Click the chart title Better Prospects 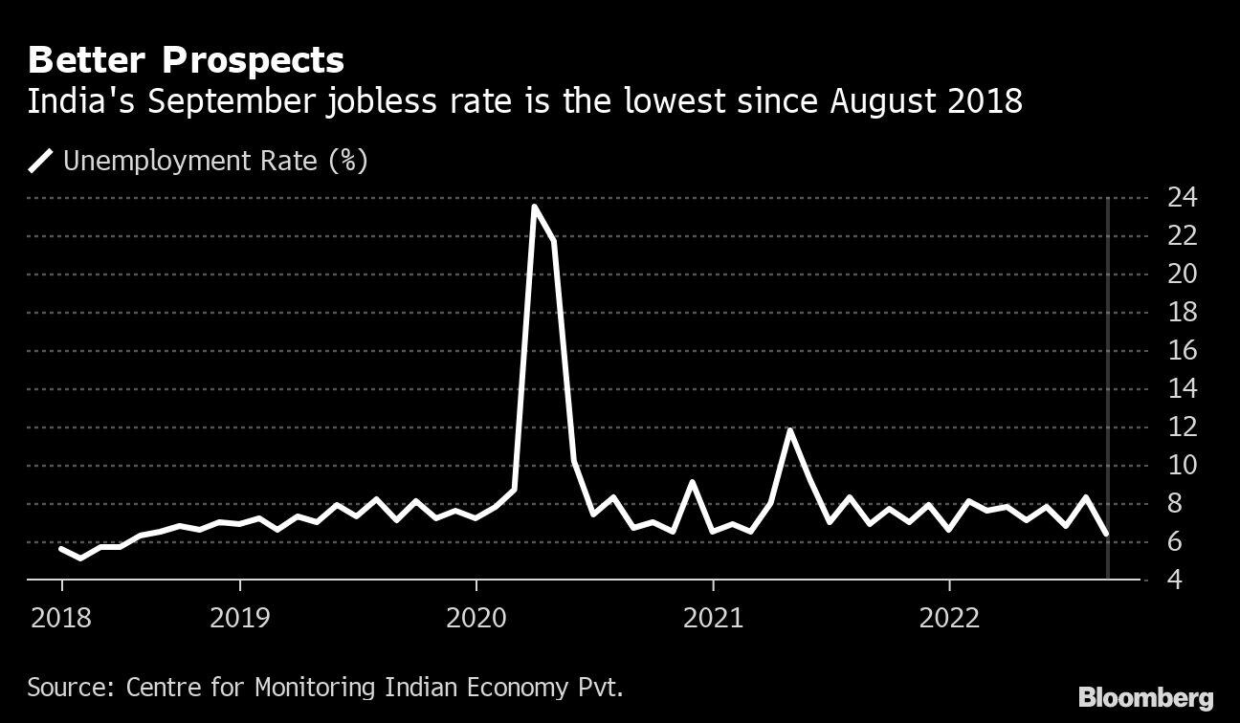tap(186, 61)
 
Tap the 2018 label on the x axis tap(62, 617)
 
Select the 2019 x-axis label tap(239, 617)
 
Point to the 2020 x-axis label tap(476, 617)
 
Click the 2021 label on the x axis tap(713, 617)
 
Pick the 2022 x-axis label tap(949, 617)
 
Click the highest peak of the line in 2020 tap(534, 206)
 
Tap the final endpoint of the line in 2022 tap(1107, 534)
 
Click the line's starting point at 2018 tap(61, 549)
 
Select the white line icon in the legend tap(42, 161)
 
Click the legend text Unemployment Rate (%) tap(215, 161)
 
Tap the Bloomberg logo tap(1145, 696)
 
